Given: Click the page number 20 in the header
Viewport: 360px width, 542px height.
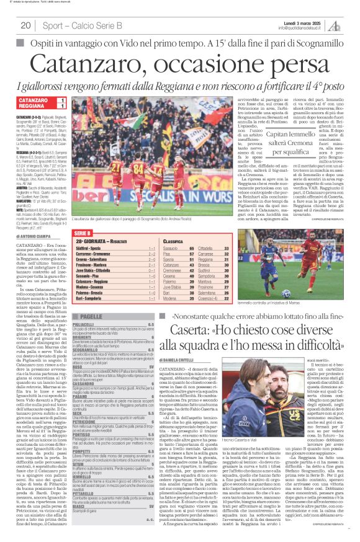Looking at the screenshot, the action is pyautogui.click(x=26, y=25).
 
